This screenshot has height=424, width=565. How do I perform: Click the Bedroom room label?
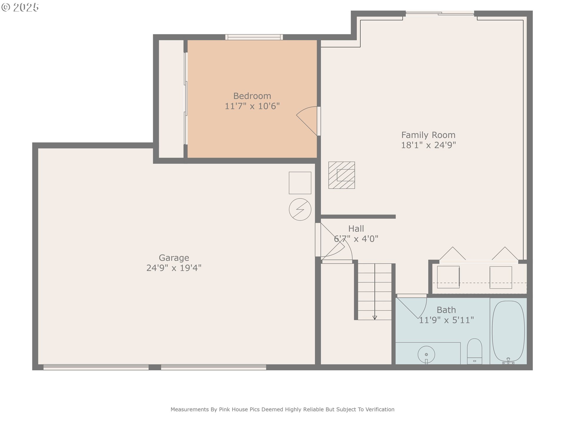pyautogui.click(x=252, y=96)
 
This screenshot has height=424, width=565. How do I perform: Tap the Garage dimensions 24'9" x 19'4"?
pyautogui.click(x=174, y=268)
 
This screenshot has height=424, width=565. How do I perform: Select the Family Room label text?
pyautogui.click(x=428, y=135)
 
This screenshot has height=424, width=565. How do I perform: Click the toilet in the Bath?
pyautogui.click(x=474, y=351)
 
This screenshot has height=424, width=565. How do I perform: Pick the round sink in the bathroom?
pyautogui.click(x=426, y=355)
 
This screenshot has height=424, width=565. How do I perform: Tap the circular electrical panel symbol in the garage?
pyautogui.click(x=300, y=209)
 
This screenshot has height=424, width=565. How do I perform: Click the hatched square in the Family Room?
pyautogui.click(x=342, y=175)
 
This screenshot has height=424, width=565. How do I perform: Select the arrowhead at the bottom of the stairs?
pyautogui.click(x=375, y=318)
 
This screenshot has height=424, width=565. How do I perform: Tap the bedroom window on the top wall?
pyautogui.click(x=254, y=37)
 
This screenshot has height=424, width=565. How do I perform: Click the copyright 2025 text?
pyautogui.click(x=20, y=7)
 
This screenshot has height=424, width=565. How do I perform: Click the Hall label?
pyautogui.click(x=356, y=229)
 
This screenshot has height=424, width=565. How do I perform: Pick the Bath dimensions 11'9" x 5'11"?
pyautogui.click(x=446, y=320)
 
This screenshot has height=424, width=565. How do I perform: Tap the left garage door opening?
pyautogui.click(x=96, y=367)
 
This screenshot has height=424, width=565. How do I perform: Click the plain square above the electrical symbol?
pyautogui.click(x=300, y=183)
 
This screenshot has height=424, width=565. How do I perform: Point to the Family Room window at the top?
pyautogui.click(x=440, y=13)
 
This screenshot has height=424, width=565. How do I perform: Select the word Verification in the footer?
pyautogui.click(x=380, y=409)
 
